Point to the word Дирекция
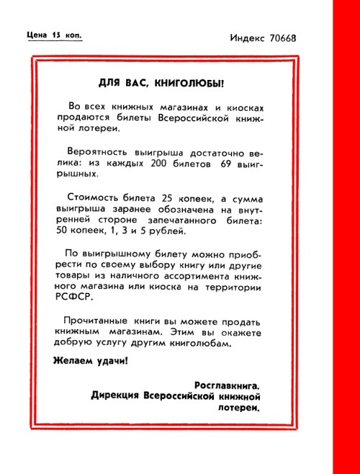tap(115, 396)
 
